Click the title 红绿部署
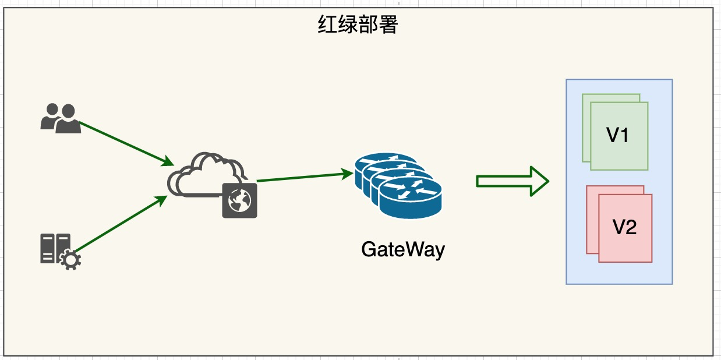click(x=358, y=25)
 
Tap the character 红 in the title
click(x=328, y=25)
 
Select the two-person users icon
click(x=60, y=118)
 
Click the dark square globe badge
click(x=239, y=200)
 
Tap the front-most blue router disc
click(x=411, y=198)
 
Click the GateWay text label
click(x=403, y=249)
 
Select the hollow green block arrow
click(x=513, y=182)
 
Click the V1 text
click(x=618, y=136)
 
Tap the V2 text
click(x=624, y=228)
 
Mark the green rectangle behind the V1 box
click(x=585, y=128)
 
